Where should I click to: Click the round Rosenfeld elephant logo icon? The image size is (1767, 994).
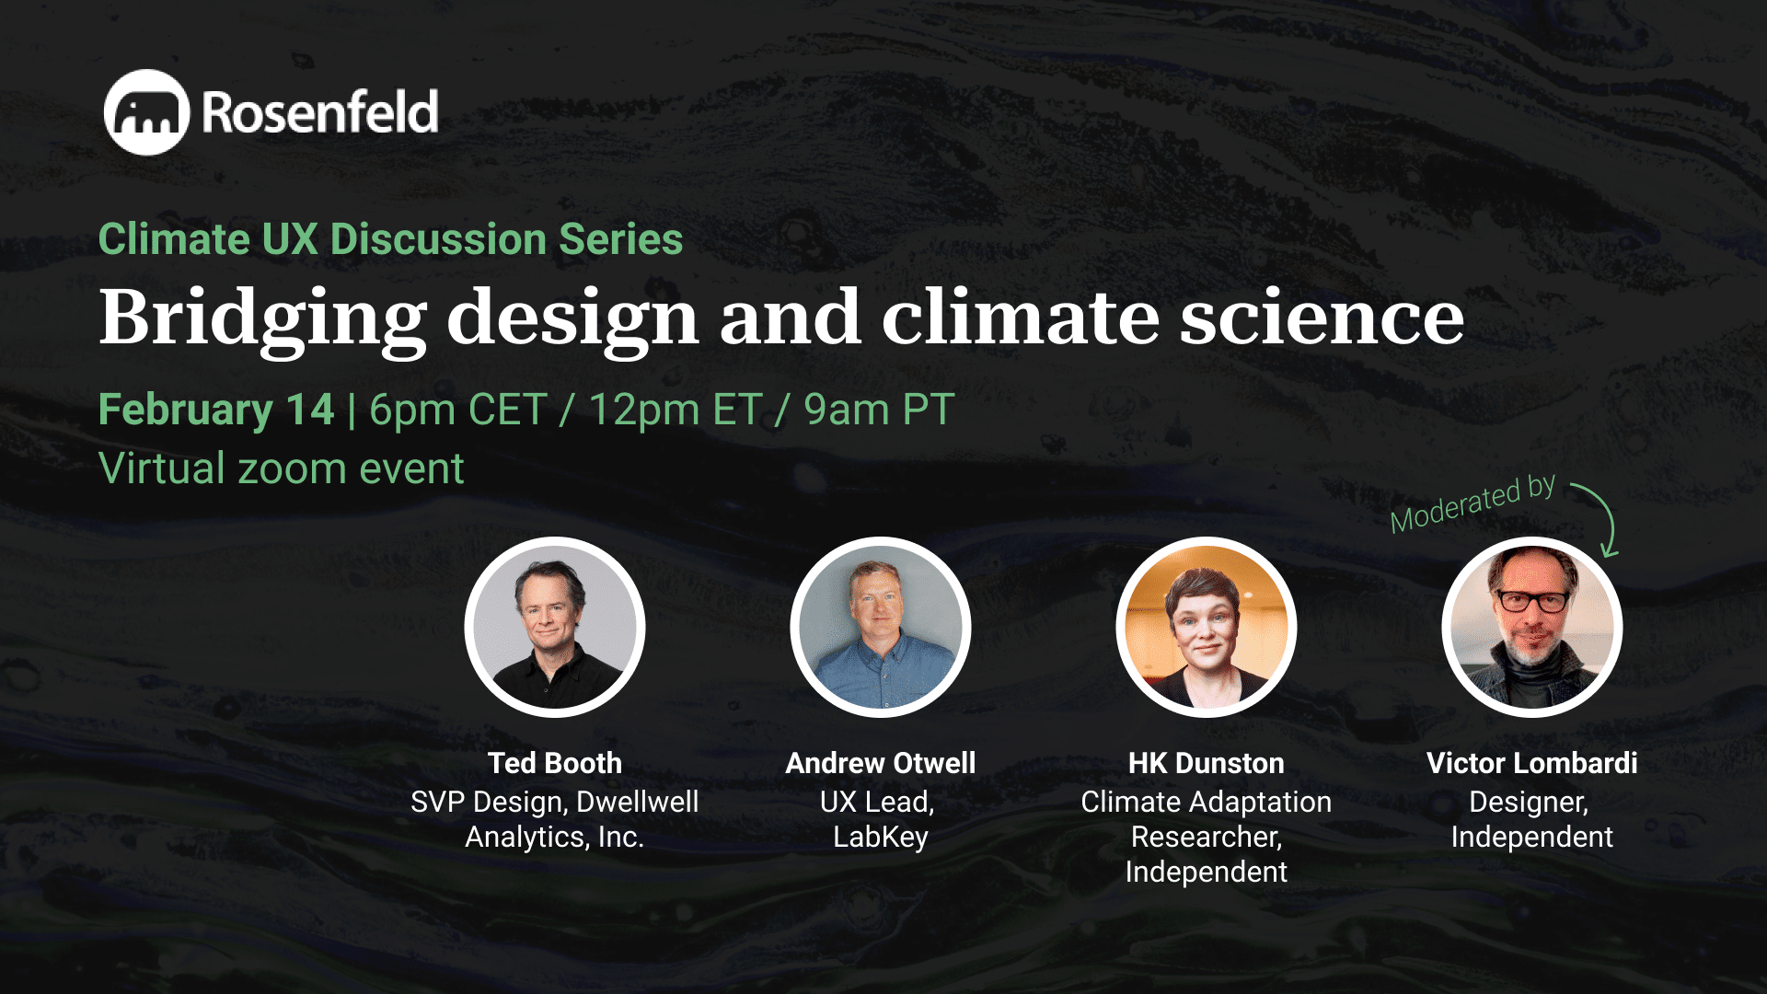(146, 112)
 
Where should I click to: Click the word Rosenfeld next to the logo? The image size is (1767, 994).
(319, 112)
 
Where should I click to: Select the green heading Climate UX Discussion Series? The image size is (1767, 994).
(390, 239)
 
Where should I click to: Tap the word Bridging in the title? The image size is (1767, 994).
(262, 318)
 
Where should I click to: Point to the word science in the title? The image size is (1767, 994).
(1322, 318)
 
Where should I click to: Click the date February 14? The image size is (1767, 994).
(216, 410)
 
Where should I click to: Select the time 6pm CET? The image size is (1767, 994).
(457, 410)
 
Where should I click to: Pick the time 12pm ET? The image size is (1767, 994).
(675, 410)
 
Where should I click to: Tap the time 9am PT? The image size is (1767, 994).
(878, 410)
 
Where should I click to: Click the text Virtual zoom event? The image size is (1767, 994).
(281, 468)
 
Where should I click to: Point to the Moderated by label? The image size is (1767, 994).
(1472, 503)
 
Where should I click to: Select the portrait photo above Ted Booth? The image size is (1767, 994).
(555, 627)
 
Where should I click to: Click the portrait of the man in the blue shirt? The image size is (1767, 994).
(881, 627)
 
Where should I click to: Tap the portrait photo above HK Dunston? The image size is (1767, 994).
(1206, 627)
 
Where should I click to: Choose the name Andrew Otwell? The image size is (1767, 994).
(881, 763)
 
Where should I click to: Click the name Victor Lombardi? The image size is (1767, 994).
(1531, 763)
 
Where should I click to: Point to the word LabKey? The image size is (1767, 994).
(881, 837)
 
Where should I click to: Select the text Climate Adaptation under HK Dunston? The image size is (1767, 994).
(1206, 802)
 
